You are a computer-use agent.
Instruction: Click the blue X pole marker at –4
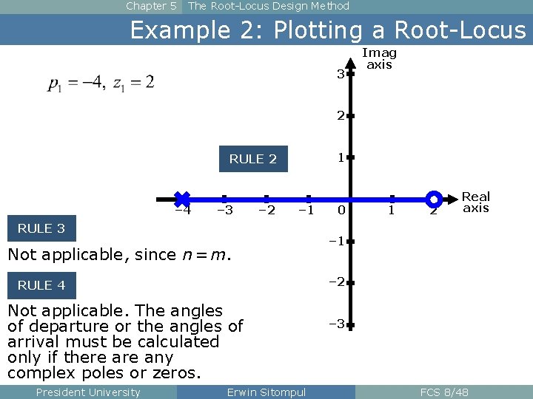click(x=181, y=199)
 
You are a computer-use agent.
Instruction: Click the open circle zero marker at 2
click(x=435, y=199)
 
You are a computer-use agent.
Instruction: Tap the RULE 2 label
click(x=252, y=159)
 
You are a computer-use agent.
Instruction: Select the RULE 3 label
click(x=41, y=228)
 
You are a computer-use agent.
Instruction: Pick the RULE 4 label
click(x=41, y=285)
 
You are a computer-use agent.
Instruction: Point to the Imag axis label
click(x=379, y=58)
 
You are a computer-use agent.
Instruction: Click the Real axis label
click(x=476, y=202)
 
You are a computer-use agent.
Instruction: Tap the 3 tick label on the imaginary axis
click(x=340, y=74)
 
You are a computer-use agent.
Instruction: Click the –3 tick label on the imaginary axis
click(x=337, y=324)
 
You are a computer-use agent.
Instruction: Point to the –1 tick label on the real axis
click(x=306, y=211)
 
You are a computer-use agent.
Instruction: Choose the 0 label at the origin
click(x=341, y=211)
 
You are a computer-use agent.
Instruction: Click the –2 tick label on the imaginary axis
click(x=337, y=282)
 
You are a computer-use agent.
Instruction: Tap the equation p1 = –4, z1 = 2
click(x=101, y=83)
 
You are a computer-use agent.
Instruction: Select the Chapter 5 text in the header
click(x=151, y=6)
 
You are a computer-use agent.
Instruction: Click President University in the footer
click(x=87, y=392)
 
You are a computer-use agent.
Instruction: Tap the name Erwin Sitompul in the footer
click(x=266, y=392)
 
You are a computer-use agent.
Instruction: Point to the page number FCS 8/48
click(x=444, y=392)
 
